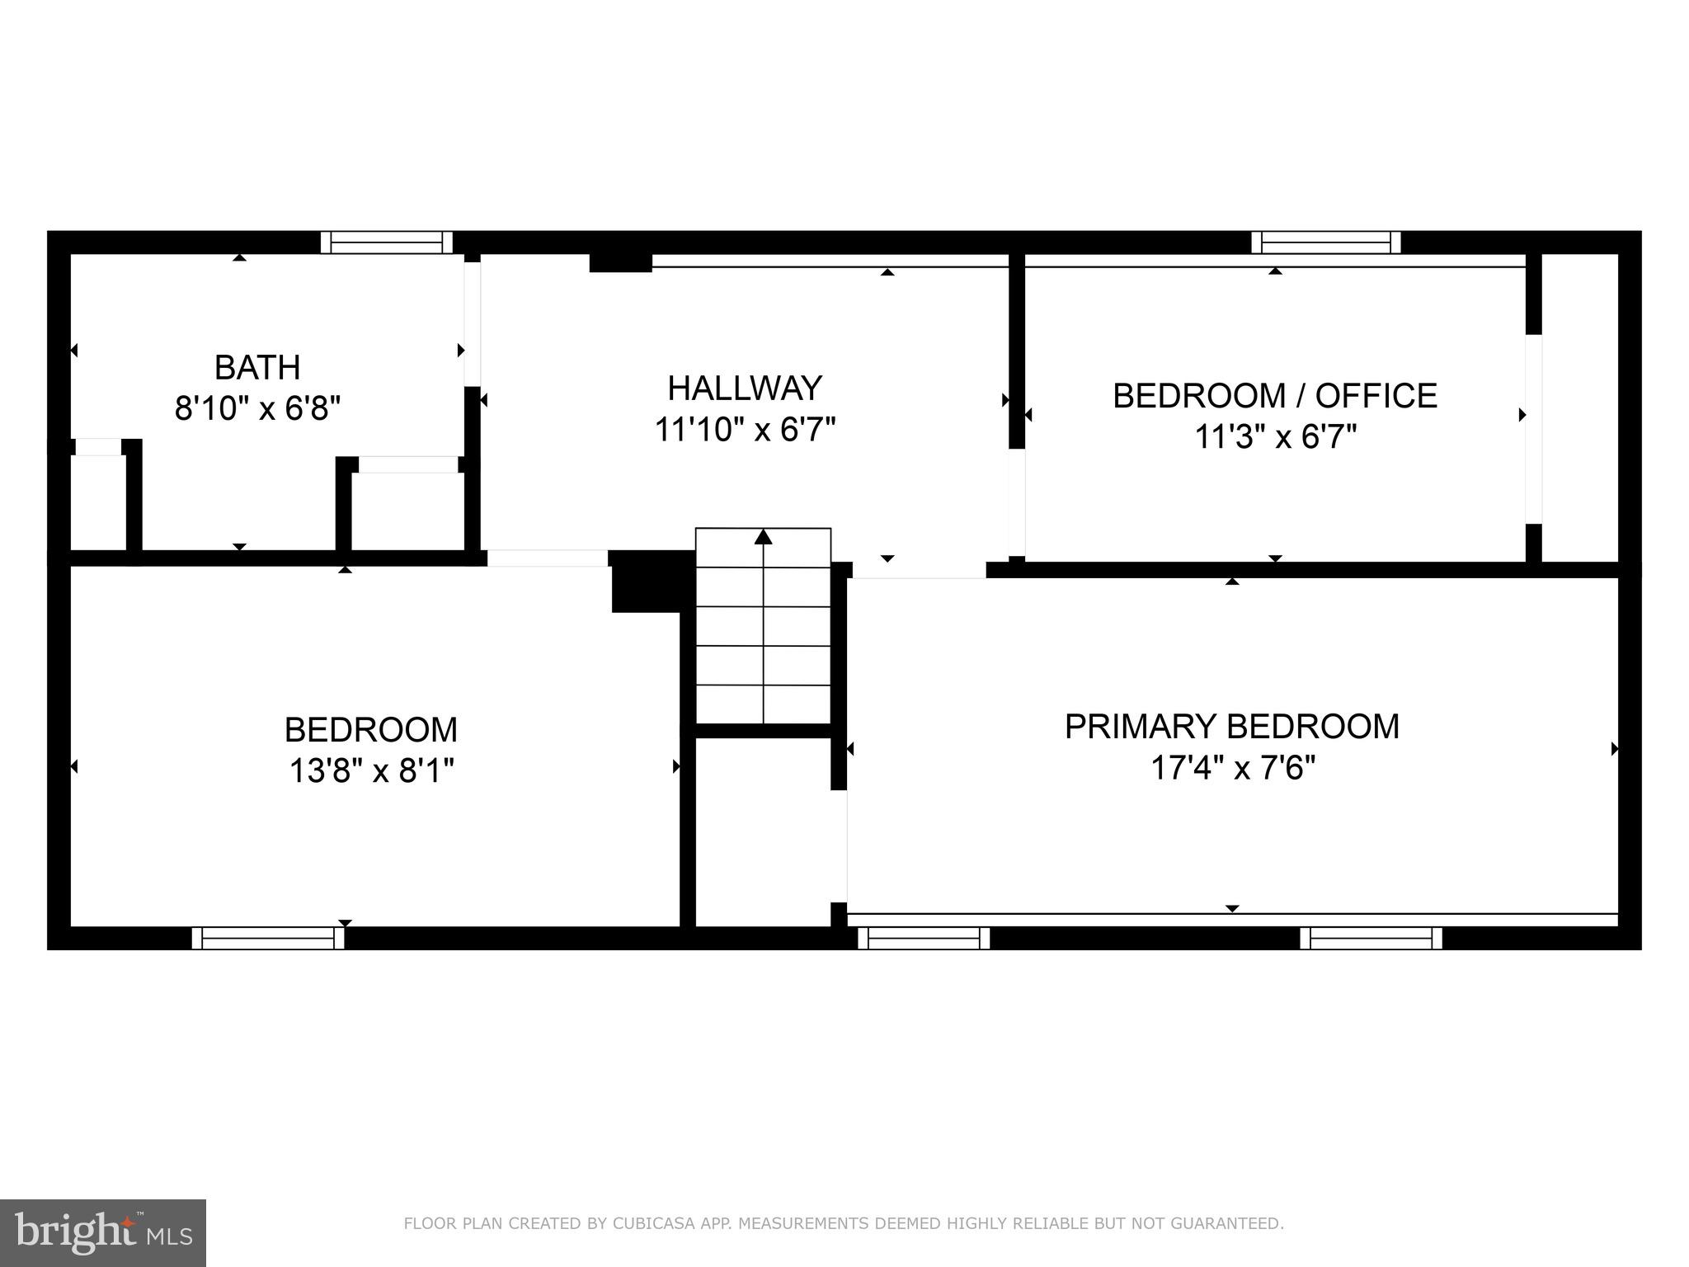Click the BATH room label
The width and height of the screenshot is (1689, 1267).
(257, 367)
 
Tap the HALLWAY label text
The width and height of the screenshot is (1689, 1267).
(745, 389)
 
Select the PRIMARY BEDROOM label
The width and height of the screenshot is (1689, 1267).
(1232, 727)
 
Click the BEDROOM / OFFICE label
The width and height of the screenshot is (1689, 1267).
(1275, 396)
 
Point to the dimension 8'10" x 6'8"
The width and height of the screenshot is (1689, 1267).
(257, 408)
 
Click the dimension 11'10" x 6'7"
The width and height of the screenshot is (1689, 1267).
(745, 430)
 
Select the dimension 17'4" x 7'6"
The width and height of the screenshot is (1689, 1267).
(1232, 769)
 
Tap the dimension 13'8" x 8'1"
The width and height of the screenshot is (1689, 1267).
(371, 771)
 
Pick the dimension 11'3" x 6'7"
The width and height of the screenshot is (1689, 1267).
(1275, 437)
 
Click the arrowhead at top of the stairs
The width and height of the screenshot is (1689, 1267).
(764, 537)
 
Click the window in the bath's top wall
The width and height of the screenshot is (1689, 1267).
(387, 243)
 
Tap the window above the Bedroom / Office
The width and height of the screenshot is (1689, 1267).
(1326, 243)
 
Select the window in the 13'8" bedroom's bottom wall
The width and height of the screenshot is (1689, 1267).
(268, 938)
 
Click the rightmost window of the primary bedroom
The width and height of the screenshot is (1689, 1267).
(1371, 938)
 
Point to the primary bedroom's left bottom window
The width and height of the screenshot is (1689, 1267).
(924, 938)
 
